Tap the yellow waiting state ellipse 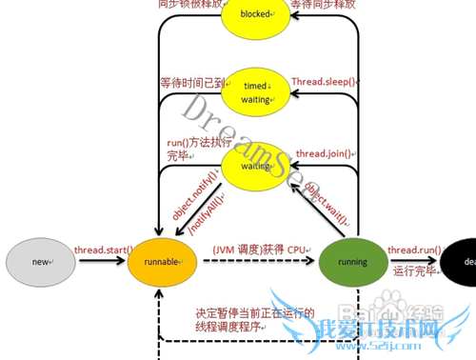click(255, 164)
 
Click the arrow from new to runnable click(99, 262)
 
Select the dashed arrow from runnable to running click(252, 262)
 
